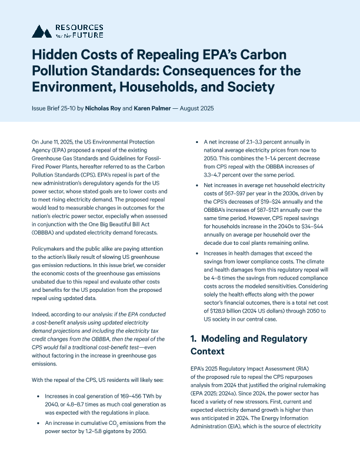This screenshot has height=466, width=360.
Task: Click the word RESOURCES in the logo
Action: (78, 27)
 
